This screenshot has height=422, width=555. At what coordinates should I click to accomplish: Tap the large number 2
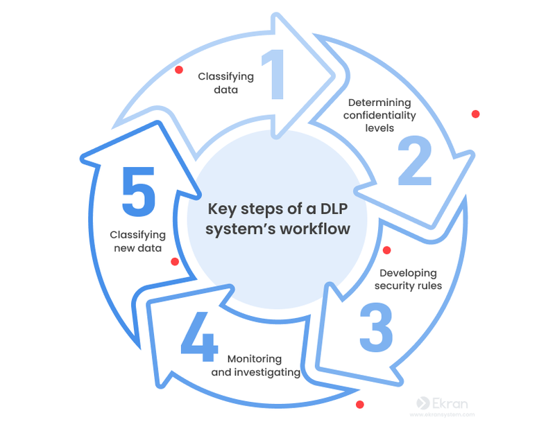click(415, 161)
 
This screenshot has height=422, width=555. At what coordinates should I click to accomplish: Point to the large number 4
click(200, 338)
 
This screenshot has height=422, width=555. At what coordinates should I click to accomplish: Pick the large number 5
click(138, 191)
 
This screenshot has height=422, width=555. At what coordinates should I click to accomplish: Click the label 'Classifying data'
click(225, 83)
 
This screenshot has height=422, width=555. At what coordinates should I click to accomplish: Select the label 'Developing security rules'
click(408, 279)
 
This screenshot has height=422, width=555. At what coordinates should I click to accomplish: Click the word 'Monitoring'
click(255, 359)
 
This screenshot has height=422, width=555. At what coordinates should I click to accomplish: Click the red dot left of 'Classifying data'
click(179, 69)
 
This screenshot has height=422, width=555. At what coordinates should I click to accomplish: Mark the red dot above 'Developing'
click(387, 250)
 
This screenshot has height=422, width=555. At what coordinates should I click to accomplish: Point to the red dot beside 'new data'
click(175, 262)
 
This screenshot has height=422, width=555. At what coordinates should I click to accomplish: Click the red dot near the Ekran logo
click(359, 404)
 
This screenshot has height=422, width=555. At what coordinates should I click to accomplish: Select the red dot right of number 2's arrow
click(475, 114)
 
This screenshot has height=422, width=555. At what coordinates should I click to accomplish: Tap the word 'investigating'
click(266, 372)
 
